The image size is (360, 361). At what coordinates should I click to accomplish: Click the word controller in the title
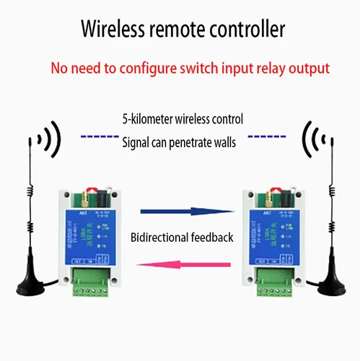[x=244, y=30]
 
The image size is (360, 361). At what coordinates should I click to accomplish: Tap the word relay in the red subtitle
[x=261, y=69]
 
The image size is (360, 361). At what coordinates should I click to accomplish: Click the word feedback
[x=213, y=237]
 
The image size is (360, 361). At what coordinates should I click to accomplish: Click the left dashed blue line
[x=96, y=136]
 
